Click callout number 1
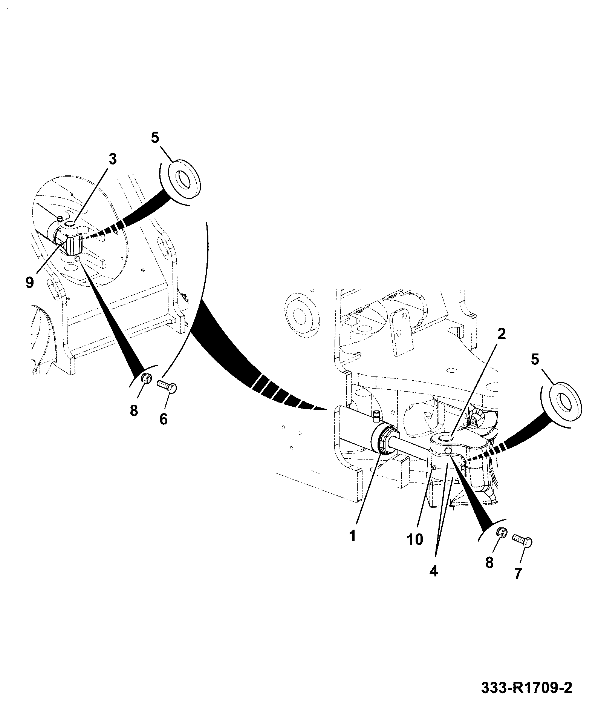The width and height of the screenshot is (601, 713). pyautogui.click(x=352, y=536)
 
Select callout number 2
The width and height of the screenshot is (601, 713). pyautogui.click(x=501, y=333)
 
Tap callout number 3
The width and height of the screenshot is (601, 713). pyautogui.click(x=113, y=159)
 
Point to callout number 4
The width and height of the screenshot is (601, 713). pyautogui.click(x=434, y=572)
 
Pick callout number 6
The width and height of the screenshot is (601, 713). pyautogui.click(x=163, y=419)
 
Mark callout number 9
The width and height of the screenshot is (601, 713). pyautogui.click(x=30, y=282)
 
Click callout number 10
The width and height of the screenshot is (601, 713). pyautogui.click(x=415, y=539)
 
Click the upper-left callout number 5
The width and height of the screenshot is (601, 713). pyautogui.click(x=155, y=137)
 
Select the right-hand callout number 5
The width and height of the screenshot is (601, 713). pyautogui.click(x=535, y=360)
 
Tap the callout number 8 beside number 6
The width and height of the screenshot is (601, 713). pyautogui.click(x=134, y=410)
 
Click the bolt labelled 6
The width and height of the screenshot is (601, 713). pyautogui.click(x=167, y=387)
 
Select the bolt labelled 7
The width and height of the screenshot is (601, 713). pyautogui.click(x=522, y=541)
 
